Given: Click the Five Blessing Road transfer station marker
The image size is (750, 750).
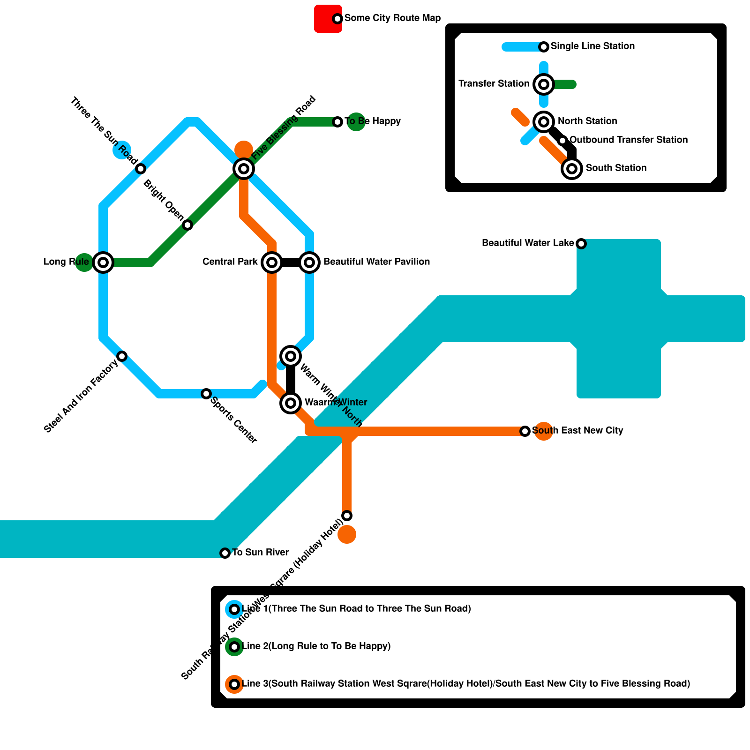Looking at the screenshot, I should coord(244,169).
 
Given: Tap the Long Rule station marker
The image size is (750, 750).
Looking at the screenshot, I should coord(103,262).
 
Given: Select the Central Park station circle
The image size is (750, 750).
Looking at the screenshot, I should coord(272,262).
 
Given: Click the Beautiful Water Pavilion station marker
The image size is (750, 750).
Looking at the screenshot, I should coord(309,262).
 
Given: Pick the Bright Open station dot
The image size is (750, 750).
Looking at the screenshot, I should coord(187,225).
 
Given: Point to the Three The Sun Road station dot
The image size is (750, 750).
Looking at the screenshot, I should coord(141,169).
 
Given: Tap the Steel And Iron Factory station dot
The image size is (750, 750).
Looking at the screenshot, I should coord(122,356).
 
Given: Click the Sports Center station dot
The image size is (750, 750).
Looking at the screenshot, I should coord(206,394).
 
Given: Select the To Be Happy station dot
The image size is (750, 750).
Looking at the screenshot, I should coord(337,122).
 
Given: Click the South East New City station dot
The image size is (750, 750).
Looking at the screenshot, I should coord(525,431).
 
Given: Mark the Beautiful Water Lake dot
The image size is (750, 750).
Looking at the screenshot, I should coord(581,244).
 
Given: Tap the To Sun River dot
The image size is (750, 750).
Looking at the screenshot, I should coord(225,553).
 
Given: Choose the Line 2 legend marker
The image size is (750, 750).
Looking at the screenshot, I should coord(234,647).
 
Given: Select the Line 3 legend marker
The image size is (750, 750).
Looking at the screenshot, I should coord(234,684).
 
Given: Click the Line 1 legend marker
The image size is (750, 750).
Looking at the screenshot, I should coord(234,609).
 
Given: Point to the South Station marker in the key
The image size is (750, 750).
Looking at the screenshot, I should coord(572,169).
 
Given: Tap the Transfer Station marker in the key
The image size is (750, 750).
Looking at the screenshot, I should coord(544,84).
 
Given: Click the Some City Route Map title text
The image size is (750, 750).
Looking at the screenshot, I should coord(392,18).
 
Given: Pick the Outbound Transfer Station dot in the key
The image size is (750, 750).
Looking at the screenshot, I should coord(562,141).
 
